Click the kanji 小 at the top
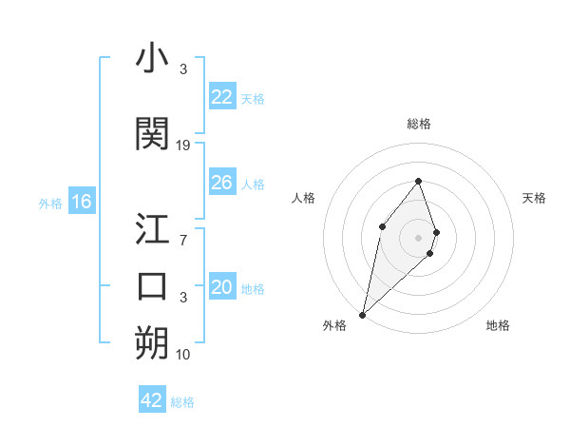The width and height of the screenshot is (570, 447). click(152, 59)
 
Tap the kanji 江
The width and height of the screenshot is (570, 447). click(152, 229)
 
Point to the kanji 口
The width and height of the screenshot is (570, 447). click(152, 286)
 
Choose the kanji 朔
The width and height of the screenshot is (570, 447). click(152, 343)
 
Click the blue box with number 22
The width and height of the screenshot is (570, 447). click(222, 96)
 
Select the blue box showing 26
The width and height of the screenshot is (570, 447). click(222, 183)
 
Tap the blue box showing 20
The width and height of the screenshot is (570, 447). click(222, 287)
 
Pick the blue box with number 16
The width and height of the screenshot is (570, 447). click(82, 202)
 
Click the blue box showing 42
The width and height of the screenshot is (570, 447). click(152, 400)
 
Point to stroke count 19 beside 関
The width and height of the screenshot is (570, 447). click(183, 145)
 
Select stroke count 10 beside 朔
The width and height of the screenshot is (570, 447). click(183, 355)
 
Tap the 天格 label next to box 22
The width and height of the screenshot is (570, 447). click(253, 98)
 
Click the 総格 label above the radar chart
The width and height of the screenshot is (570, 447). click(419, 124)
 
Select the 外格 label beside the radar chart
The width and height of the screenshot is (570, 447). click(334, 325)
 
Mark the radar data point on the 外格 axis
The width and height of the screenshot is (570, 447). click(362, 314)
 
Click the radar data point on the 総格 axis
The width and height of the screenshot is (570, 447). click(419, 181)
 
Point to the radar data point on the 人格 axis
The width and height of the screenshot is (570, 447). click(382, 225)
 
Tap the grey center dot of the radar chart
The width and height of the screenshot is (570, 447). click(419, 237)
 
